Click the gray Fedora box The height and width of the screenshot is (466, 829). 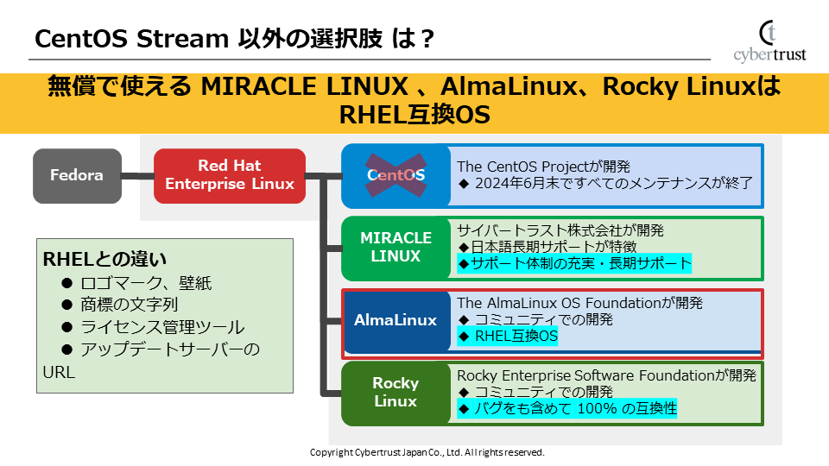77,176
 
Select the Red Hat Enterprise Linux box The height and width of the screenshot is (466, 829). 230,175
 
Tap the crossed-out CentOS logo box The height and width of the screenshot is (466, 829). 396,175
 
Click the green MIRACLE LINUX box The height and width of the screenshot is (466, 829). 396,247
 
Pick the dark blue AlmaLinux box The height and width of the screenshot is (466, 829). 396,320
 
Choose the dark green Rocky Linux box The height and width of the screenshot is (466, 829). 396,392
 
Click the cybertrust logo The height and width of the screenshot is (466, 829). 769,42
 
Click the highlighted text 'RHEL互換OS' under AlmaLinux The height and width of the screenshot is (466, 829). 509,337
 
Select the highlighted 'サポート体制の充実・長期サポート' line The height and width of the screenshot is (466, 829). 574,263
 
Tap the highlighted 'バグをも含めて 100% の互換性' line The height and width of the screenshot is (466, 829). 567,408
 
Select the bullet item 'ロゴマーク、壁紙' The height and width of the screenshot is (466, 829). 145,283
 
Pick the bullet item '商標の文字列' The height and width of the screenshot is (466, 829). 129,305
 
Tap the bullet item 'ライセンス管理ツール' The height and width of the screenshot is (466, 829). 161,327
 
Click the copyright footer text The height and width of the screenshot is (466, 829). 427,452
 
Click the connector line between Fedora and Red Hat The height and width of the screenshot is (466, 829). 137,176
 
